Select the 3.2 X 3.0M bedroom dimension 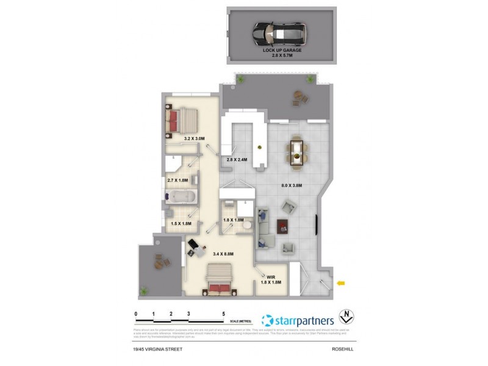tap(195, 138)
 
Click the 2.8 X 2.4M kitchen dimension tap(236, 159)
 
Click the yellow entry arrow tap(341, 282)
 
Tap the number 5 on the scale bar tap(224, 314)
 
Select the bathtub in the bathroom tap(180, 198)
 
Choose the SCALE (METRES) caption tap(240, 320)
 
